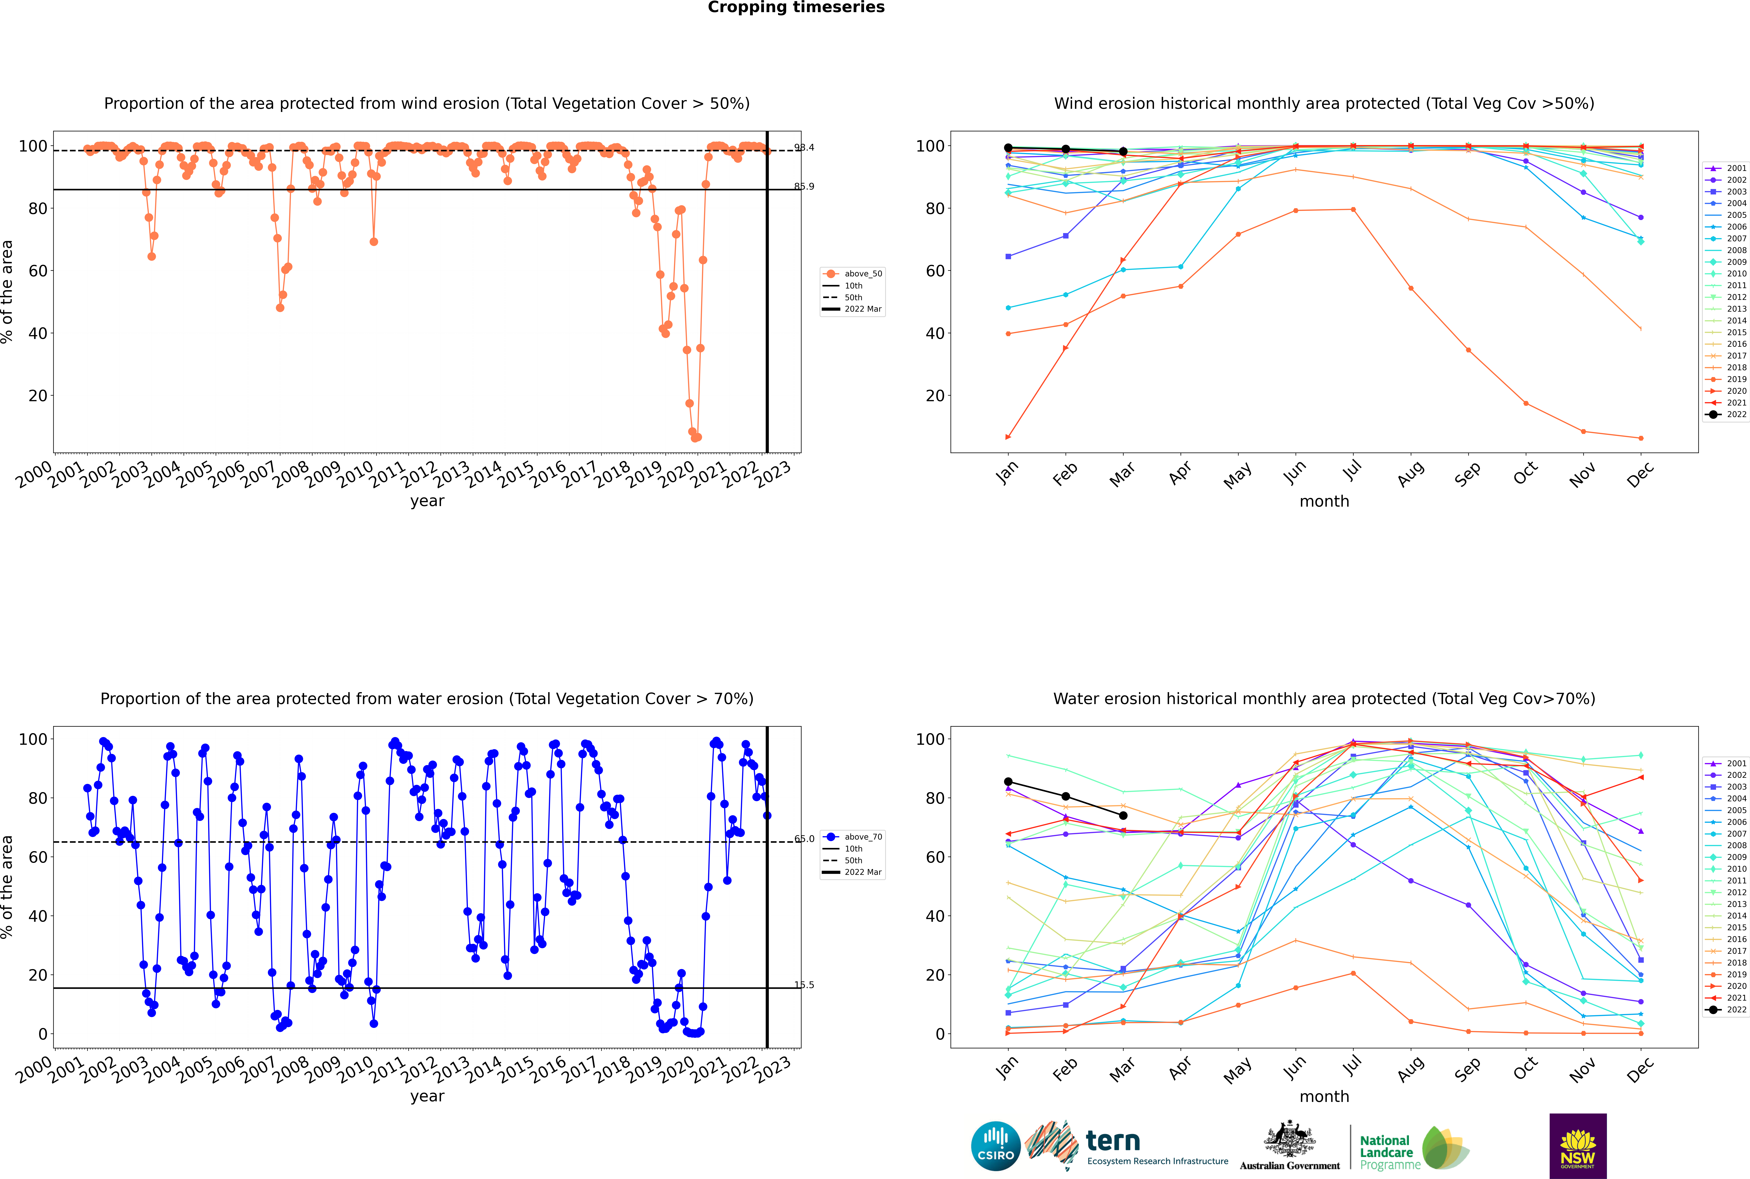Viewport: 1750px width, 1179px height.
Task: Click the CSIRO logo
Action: [995, 1146]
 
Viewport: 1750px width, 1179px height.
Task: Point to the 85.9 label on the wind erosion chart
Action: [804, 186]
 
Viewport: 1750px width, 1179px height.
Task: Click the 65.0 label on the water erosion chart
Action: [804, 838]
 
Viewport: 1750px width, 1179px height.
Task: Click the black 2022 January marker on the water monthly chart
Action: [1008, 782]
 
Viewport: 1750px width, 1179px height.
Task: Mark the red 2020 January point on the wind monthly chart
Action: [1008, 437]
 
